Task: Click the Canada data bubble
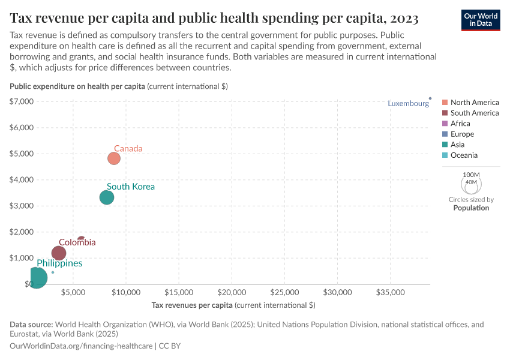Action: coord(114,158)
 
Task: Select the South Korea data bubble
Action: coord(107,197)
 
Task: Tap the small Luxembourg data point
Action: coord(430,98)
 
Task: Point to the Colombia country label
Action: coord(77,242)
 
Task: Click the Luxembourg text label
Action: coord(408,103)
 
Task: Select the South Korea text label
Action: coord(131,187)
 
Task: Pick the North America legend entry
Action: coord(474,103)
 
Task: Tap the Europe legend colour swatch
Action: coord(445,134)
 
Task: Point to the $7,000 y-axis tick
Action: coord(21,101)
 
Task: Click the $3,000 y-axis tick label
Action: coord(21,206)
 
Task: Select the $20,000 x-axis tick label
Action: coord(232,293)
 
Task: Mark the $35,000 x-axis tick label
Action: coord(390,293)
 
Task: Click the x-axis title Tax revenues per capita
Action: coord(233,305)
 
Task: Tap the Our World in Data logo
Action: coord(481,20)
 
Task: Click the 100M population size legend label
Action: coord(471,175)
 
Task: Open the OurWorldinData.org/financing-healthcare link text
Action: coord(82,346)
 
